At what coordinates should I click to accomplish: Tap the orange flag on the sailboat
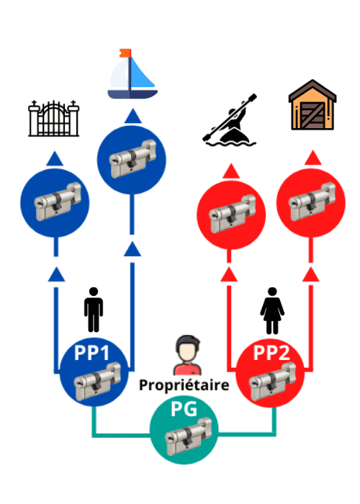(x=125, y=53)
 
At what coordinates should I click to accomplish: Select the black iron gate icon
(x=54, y=118)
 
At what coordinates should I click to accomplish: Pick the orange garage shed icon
(x=312, y=105)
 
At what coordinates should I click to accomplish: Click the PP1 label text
(x=91, y=353)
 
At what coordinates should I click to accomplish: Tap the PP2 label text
(x=271, y=353)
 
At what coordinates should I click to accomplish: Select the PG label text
(x=184, y=409)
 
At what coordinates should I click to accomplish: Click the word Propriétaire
(x=184, y=384)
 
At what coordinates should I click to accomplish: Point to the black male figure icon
(x=94, y=310)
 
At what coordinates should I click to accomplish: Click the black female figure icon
(x=272, y=310)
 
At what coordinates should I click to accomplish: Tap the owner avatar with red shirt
(x=188, y=355)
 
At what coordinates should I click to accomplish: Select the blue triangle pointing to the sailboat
(x=132, y=116)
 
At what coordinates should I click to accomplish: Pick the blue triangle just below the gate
(x=55, y=158)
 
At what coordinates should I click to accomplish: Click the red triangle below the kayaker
(x=231, y=171)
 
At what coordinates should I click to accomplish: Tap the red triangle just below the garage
(x=312, y=158)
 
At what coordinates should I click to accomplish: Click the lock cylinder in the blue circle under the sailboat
(x=132, y=159)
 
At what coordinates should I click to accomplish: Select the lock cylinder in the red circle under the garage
(x=312, y=202)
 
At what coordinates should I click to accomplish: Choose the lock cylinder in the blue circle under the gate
(x=58, y=202)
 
